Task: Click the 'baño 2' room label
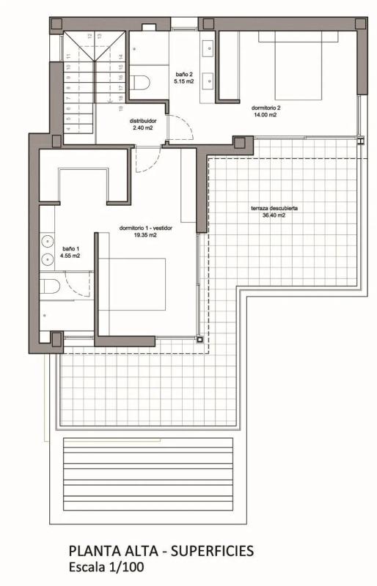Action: coord(183,75)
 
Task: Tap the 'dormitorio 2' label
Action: coord(266,108)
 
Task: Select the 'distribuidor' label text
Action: coord(143,121)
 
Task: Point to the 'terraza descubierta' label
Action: coord(274,209)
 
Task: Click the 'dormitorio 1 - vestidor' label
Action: coord(146,228)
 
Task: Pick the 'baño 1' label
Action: coord(70,249)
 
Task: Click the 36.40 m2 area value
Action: coord(274,215)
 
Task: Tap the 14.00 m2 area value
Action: coord(266,115)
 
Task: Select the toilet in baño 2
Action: coord(139,82)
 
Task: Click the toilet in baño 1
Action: coord(50,286)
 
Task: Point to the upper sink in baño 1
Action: coord(48,242)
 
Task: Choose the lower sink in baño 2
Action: coord(208,79)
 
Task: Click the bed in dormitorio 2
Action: coord(299,65)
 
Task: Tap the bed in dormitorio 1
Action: coord(137,284)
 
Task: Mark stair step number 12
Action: coord(90,36)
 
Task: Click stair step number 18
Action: coord(120,98)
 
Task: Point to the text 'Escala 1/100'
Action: coord(106,567)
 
